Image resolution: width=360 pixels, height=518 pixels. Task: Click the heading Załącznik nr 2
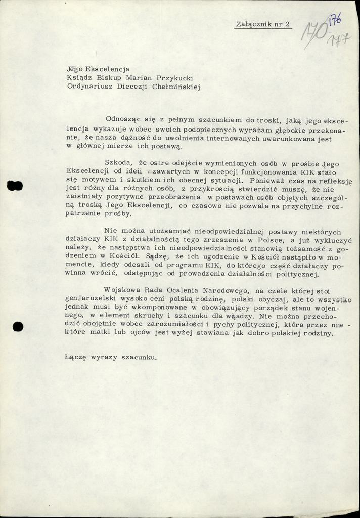tap(263, 24)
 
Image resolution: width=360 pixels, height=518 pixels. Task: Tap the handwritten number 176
tap(335, 22)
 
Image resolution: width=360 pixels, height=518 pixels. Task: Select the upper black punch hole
tap(15, 186)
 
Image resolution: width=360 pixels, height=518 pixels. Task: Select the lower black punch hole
tap(18, 327)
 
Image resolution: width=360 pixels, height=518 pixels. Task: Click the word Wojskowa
tap(121, 290)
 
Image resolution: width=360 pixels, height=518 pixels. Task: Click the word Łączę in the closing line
tap(76, 357)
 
